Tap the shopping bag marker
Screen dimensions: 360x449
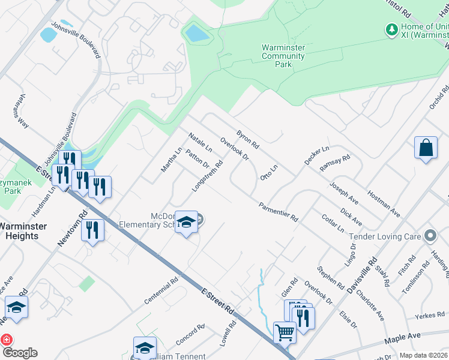425,148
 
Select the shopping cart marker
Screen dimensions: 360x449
285,332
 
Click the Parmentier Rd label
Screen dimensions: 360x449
279,212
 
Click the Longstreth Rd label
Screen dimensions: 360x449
207,176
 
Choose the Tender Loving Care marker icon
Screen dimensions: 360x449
430,236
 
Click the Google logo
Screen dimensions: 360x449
19,352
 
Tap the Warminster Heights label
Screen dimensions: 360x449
26,231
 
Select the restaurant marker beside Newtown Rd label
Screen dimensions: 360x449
92,230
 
